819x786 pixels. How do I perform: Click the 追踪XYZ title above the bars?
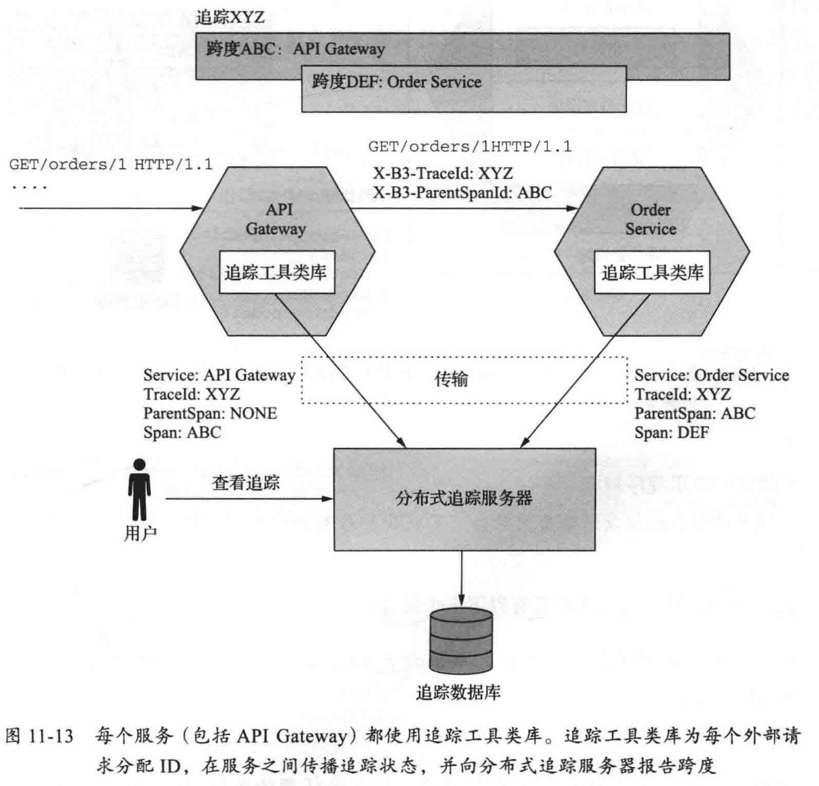[230, 17]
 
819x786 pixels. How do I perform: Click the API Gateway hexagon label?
[276, 219]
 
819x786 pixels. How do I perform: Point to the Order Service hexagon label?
[651, 219]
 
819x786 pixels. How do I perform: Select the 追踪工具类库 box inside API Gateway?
[276, 273]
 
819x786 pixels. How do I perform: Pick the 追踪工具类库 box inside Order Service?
[652, 273]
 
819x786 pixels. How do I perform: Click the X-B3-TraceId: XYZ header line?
[442, 173]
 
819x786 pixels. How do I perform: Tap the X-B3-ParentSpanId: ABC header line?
[462, 192]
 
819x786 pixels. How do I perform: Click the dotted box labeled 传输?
[464, 379]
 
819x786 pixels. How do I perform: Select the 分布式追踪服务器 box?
[464, 499]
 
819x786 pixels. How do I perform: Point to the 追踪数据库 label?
[458, 692]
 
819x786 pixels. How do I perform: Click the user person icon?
[140, 489]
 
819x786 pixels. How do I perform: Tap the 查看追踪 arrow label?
[245, 483]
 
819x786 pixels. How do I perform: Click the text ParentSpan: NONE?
[210, 413]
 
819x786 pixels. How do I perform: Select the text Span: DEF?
[671, 432]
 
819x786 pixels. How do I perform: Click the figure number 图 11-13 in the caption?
[39, 736]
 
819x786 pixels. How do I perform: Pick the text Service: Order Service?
[712, 375]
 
